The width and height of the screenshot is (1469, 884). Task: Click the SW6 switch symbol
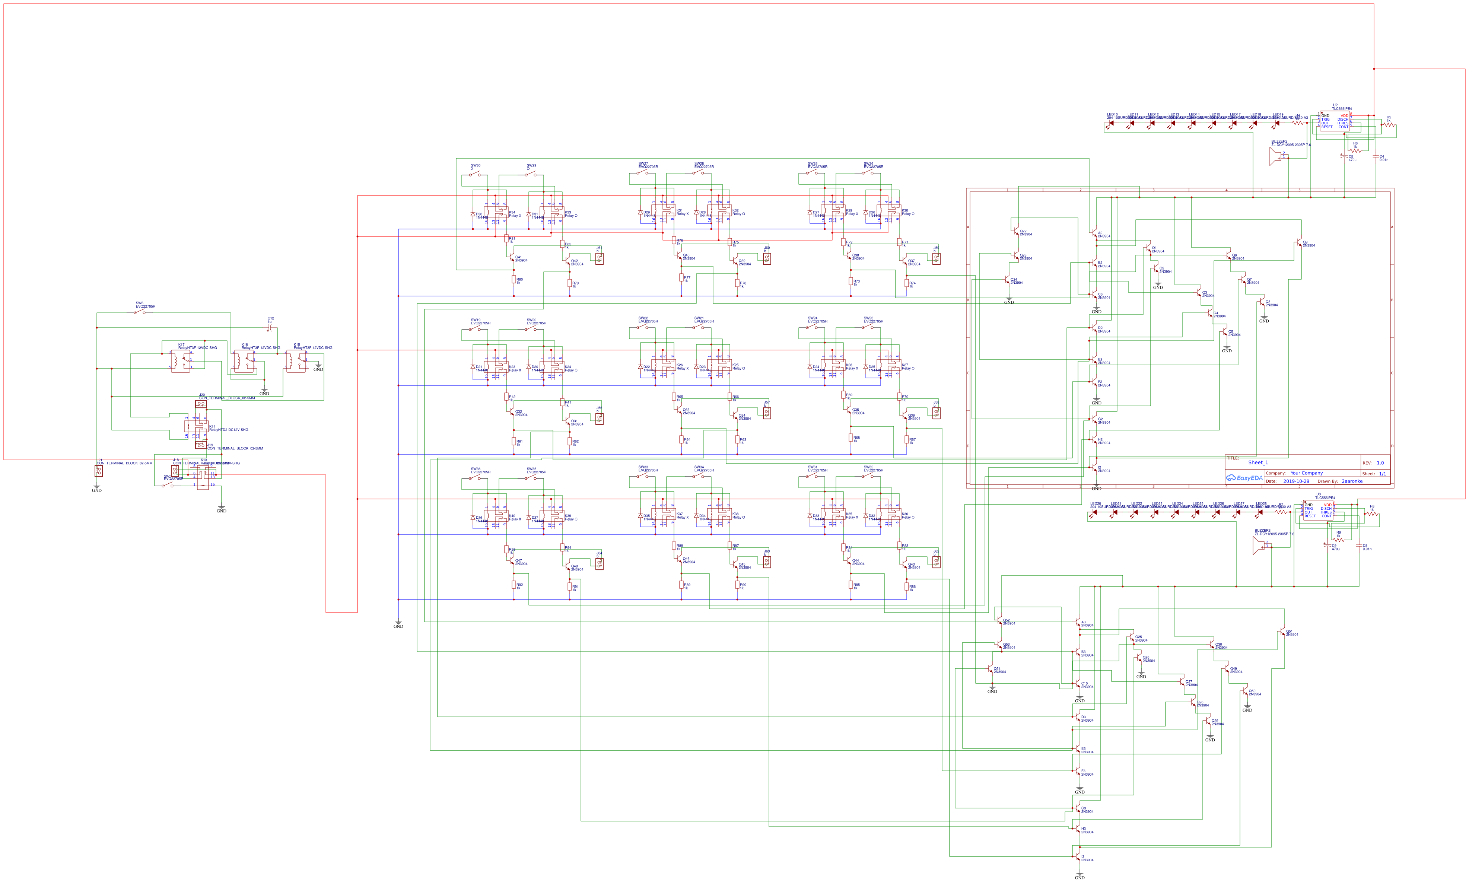(x=139, y=312)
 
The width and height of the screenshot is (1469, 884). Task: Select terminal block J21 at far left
(x=98, y=471)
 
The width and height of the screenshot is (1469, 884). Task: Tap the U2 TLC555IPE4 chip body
(x=1334, y=121)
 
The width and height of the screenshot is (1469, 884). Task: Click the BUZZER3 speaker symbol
(x=1259, y=546)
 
